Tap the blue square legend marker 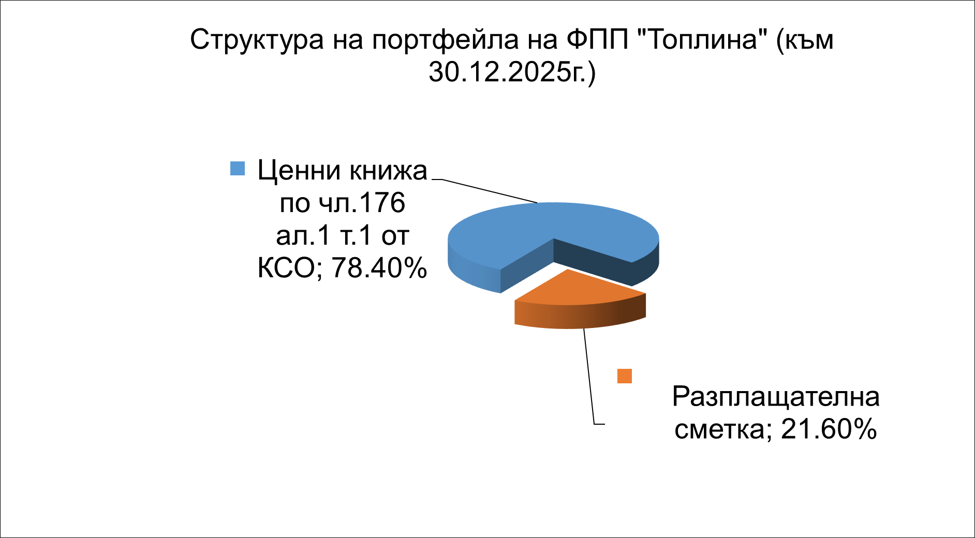237,168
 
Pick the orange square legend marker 625,376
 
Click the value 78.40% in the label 379,268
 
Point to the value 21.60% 829,429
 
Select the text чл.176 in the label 361,203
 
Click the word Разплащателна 776,397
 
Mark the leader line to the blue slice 485,191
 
